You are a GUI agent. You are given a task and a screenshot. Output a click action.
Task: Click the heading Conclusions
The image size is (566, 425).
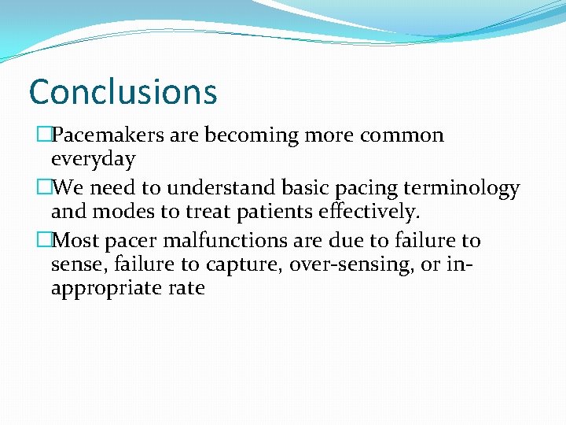[123, 92]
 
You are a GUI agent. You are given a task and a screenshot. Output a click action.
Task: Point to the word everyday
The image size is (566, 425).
[93, 160]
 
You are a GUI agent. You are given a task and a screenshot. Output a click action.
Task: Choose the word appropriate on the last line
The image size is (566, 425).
[106, 289]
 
